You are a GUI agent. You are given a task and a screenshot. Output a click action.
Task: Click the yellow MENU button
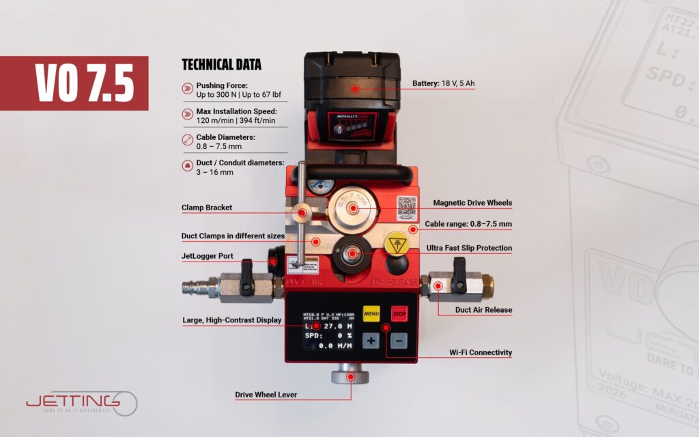coord(372,314)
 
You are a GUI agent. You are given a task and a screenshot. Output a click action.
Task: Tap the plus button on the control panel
coord(371,340)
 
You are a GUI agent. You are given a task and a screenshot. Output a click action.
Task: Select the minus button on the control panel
coord(399,340)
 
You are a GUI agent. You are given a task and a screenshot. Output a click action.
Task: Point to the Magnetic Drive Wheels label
coord(472,203)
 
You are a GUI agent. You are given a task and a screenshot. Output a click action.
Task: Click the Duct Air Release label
coord(483,309)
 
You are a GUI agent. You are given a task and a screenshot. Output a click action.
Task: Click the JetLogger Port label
coord(208,256)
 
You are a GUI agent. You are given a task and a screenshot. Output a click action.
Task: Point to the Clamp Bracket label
coord(207,208)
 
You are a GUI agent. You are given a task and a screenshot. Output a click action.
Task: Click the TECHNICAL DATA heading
coord(221,66)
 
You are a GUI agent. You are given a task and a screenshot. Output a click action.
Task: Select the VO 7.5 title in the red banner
coord(83,83)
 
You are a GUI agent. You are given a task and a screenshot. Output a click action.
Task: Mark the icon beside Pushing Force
coord(187,88)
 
